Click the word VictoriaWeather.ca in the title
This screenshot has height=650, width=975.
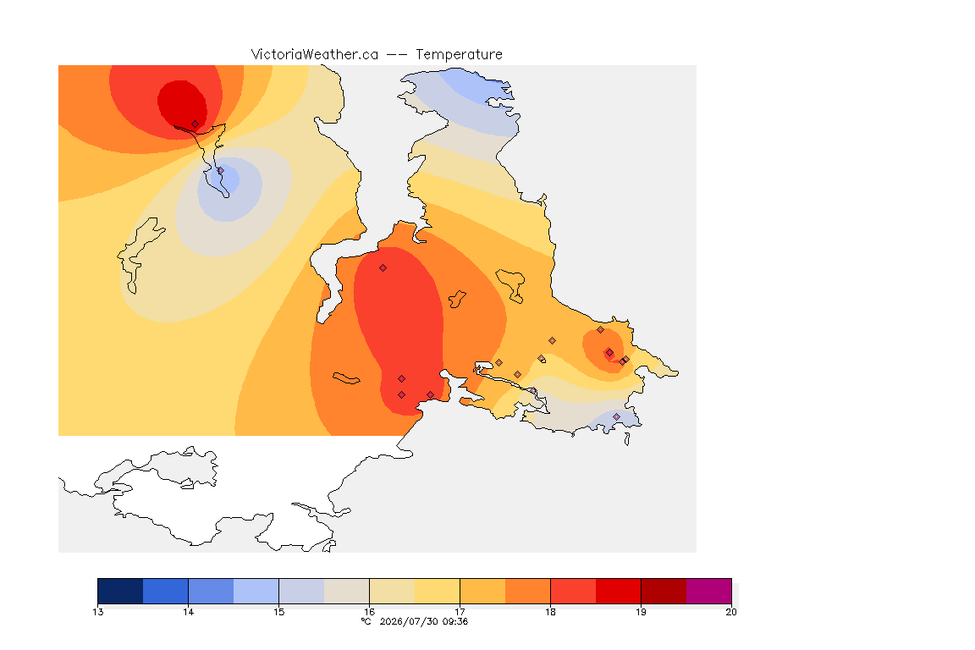pos(315,55)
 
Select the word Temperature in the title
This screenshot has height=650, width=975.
pos(459,55)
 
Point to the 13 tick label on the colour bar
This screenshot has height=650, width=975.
pos(97,612)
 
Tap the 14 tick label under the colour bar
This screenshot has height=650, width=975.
pos(189,612)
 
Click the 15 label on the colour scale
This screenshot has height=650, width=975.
pos(278,612)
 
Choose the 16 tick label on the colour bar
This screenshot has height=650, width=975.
pos(369,612)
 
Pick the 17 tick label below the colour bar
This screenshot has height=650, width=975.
pos(460,612)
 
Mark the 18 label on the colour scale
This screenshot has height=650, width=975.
pos(550,612)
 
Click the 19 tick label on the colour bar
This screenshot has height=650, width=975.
pos(641,612)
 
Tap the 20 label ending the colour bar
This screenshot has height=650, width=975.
pos(731,612)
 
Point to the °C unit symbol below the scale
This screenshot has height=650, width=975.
pos(366,621)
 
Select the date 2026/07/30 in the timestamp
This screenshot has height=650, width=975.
pos(406,621)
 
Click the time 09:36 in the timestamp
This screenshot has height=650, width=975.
pos(455,621)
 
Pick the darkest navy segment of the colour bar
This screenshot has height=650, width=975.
pos(121,591)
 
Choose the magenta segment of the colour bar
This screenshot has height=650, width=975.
pos(709,591)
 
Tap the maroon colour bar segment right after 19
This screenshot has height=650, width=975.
pos(664,591)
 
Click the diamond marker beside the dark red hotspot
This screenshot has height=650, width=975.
pos(196,124)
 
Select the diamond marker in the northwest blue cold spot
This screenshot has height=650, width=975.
pos(220,170)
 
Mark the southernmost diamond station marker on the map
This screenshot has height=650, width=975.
pos(616,416)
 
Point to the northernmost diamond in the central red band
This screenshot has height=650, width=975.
pos(383,268)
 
